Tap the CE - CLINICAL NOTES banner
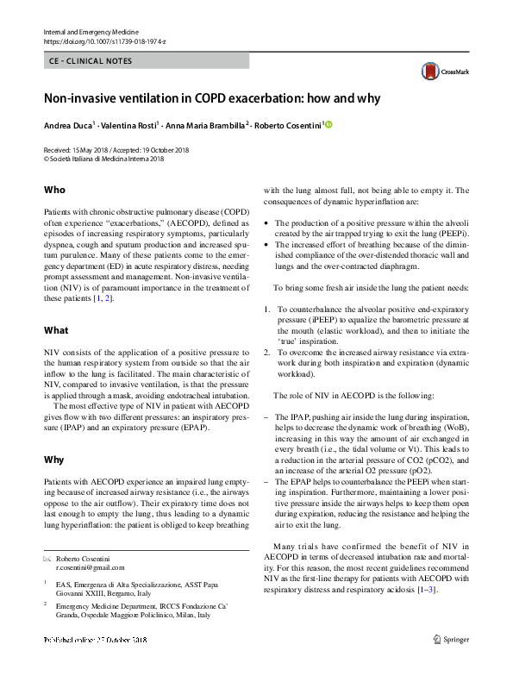146,61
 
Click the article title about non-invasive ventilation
212,98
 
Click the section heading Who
54,190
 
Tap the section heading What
56,330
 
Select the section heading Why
54,460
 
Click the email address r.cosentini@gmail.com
90,567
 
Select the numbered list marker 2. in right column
267,354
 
